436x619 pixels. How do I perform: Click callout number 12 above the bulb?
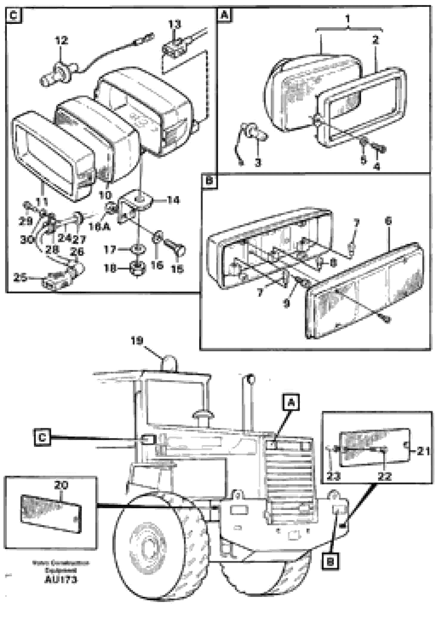[62, 40]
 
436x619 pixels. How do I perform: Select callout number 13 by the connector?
[175, 24]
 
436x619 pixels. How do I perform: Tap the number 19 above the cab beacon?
[137, 341]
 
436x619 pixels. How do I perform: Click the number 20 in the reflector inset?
[61, 486]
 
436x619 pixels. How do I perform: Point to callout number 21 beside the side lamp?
[423, 451]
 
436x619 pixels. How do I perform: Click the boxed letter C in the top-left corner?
[14, 15]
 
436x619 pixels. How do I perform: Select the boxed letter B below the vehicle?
[330, 562]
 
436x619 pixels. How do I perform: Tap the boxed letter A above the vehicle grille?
[291, 403]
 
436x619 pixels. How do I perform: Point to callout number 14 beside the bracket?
[173, 200]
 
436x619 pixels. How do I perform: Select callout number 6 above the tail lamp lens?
[388, 221]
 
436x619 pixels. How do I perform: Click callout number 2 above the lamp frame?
[376, 40]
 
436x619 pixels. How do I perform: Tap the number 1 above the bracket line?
[347, 19]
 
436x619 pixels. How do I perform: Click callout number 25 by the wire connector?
[20, 278]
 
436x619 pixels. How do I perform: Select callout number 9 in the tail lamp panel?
[286, 303]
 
